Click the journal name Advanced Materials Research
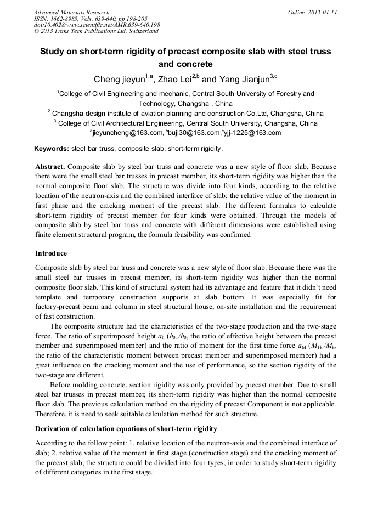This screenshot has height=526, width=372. [71, 12]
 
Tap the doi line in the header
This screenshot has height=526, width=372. [97, 25]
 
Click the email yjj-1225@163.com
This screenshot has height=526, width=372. [255, 133]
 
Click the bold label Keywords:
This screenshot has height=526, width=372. [52, 149]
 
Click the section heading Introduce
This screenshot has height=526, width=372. [51, 253]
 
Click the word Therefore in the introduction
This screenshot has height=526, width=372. [53, 414]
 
